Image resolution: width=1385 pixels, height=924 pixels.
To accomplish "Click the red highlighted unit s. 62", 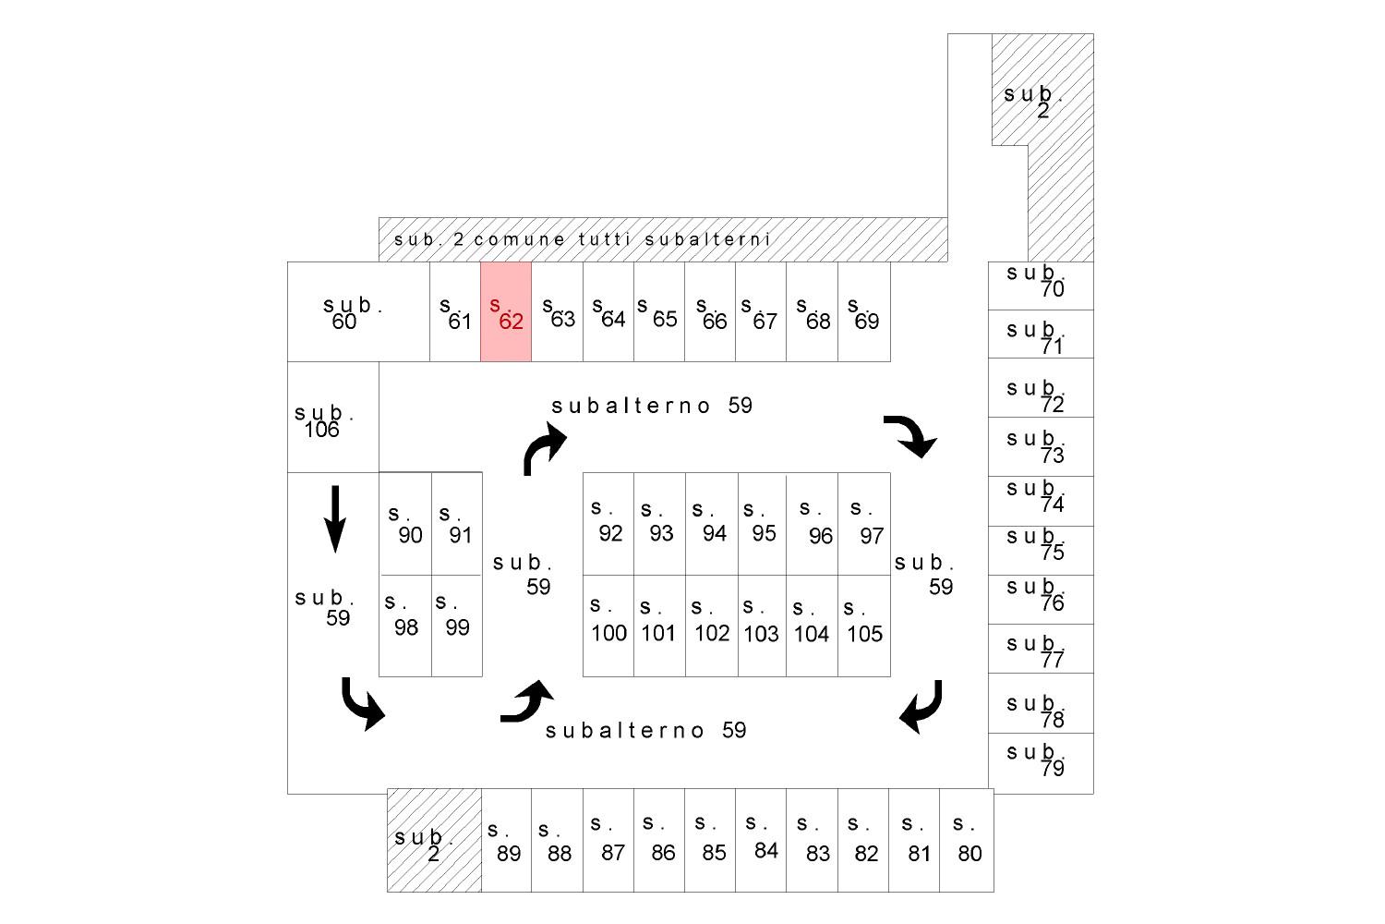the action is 506,311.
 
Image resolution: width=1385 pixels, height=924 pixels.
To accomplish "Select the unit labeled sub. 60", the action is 358,311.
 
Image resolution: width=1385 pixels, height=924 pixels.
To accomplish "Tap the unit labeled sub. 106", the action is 333,417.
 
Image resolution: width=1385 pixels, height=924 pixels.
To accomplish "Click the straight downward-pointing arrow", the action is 335,518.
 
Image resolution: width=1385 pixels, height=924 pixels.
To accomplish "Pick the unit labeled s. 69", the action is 863,311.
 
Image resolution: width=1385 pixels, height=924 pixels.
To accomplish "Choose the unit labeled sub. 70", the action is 1041,286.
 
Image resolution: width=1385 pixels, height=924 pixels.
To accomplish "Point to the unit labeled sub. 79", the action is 1041,764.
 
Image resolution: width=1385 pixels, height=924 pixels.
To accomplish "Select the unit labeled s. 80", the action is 967,840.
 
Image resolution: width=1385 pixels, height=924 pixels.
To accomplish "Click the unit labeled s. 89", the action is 506,840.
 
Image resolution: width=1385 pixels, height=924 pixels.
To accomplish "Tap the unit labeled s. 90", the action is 405,524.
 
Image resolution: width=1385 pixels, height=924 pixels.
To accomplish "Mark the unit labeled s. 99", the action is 457,626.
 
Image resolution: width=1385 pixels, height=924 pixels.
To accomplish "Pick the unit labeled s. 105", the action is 863,626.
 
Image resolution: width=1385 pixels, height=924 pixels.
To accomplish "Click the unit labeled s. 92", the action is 608,524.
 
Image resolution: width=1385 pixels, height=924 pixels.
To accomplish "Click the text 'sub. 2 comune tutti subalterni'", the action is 582,239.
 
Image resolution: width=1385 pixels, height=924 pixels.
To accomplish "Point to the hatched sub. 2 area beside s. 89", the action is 434,840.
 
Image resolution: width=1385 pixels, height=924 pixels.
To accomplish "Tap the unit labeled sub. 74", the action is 1041,502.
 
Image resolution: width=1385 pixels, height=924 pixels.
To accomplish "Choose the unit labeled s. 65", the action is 659,311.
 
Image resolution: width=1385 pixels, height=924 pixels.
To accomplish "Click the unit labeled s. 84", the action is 761,840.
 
